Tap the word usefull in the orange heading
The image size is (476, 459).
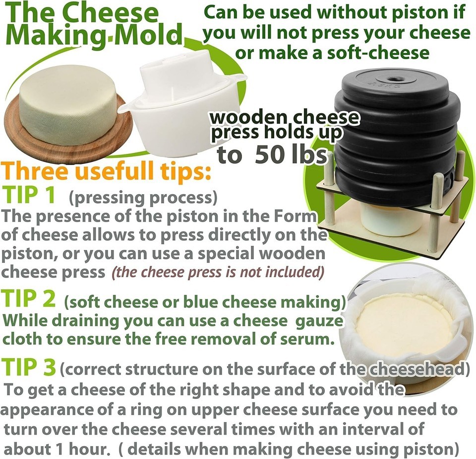point(116,171)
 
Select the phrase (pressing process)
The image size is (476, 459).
point(143,198)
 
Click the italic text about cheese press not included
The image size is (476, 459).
point(218,272)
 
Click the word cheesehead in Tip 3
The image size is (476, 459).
point(413,369)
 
